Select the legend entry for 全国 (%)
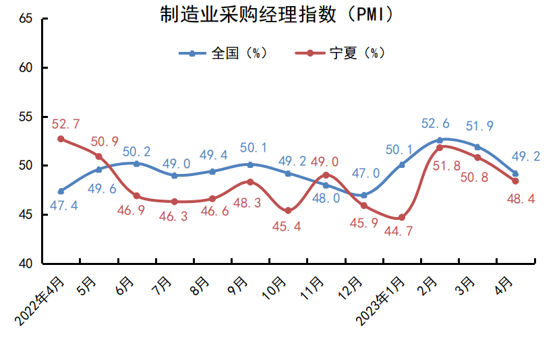tap(229, 53)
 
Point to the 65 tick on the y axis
tap(26, 19)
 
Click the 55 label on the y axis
tap(26, 117)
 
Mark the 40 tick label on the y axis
tap(26, 264)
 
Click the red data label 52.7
tap(65, 124)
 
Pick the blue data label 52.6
tap(435, 124)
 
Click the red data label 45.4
tap(289, 227)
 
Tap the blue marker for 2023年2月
tap(440, 140)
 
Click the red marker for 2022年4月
tap(61, 139)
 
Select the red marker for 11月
tap(326, 175)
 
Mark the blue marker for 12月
tap(363, 195)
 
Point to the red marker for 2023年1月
tap(402, 217)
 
